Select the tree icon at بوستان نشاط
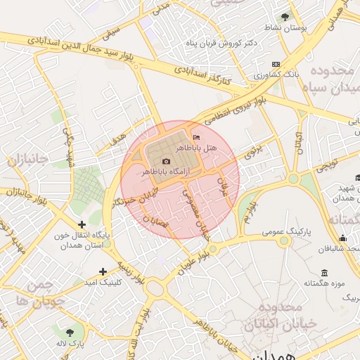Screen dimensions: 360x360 [285, 17]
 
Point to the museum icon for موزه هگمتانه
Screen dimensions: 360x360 [324, 273]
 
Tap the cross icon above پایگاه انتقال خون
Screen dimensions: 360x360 [83, 224]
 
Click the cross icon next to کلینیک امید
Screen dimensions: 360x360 [103, 271]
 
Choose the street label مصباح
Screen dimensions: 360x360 [157, 223]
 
